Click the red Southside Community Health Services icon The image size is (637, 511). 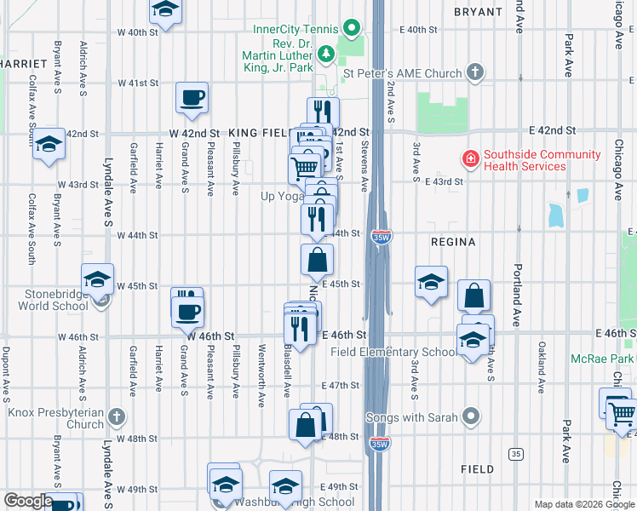tap(469, 158)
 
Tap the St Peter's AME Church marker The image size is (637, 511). tap(475, 74)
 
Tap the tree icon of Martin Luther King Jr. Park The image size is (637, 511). tap(325, 55)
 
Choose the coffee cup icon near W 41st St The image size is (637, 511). tap(192, 96)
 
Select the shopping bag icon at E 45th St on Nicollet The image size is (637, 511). tap(317, 260)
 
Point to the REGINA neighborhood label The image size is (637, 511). tap(453, 242)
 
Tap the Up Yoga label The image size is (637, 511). tap(282, 196)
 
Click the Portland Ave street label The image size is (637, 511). tap(517, 294)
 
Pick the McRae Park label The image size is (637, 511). tap(608, 357)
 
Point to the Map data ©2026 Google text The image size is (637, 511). tap(583, 504)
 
